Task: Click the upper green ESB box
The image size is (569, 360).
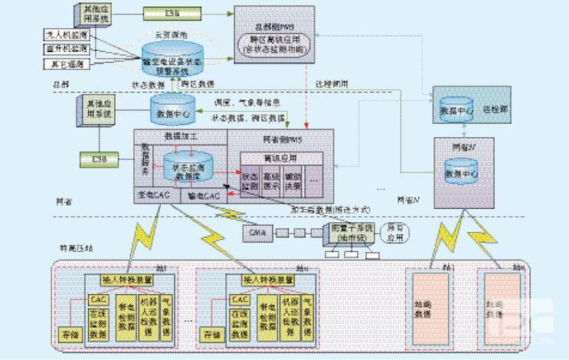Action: (169, 13)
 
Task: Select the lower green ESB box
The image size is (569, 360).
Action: (100, 159)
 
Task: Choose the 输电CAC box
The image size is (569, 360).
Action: (204, 196)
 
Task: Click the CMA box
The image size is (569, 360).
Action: (257, 231)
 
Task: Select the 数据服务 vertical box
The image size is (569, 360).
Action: (145, 162)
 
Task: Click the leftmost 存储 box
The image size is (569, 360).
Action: (69, 333)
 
